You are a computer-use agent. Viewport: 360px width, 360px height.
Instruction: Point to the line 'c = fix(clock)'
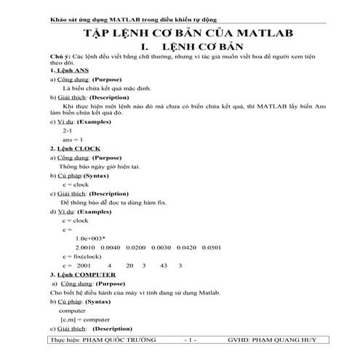click(x=82, y=256)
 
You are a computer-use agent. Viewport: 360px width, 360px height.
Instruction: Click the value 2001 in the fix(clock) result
click(x=84, y=265)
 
